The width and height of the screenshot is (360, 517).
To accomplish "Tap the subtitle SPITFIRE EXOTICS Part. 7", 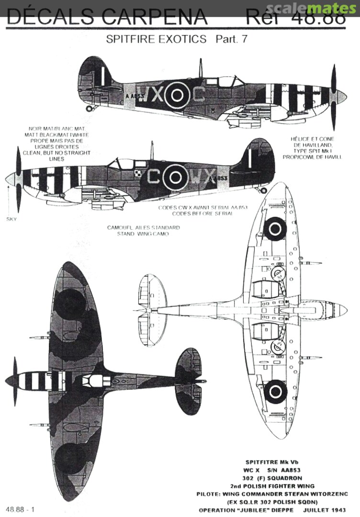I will (177, 39).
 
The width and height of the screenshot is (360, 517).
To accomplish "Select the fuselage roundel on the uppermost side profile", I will (177, 95).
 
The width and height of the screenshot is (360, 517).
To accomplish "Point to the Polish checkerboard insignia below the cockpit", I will (141, 169).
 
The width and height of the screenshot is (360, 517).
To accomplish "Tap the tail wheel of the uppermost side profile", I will (89, 109).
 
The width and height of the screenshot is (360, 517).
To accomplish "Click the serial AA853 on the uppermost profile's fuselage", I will (135, 96).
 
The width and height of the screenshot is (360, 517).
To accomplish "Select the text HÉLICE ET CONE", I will (312, 139).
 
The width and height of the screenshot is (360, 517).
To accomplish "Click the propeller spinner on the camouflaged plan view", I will (9, 381).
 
